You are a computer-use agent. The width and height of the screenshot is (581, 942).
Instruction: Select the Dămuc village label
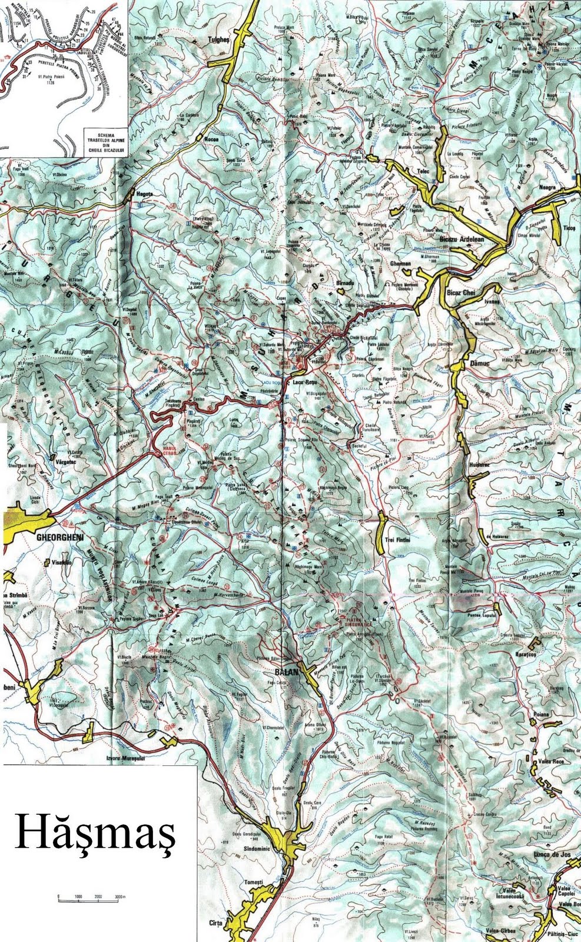tap(481, 364)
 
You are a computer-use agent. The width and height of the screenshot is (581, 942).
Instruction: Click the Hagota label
tap(144, 193)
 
